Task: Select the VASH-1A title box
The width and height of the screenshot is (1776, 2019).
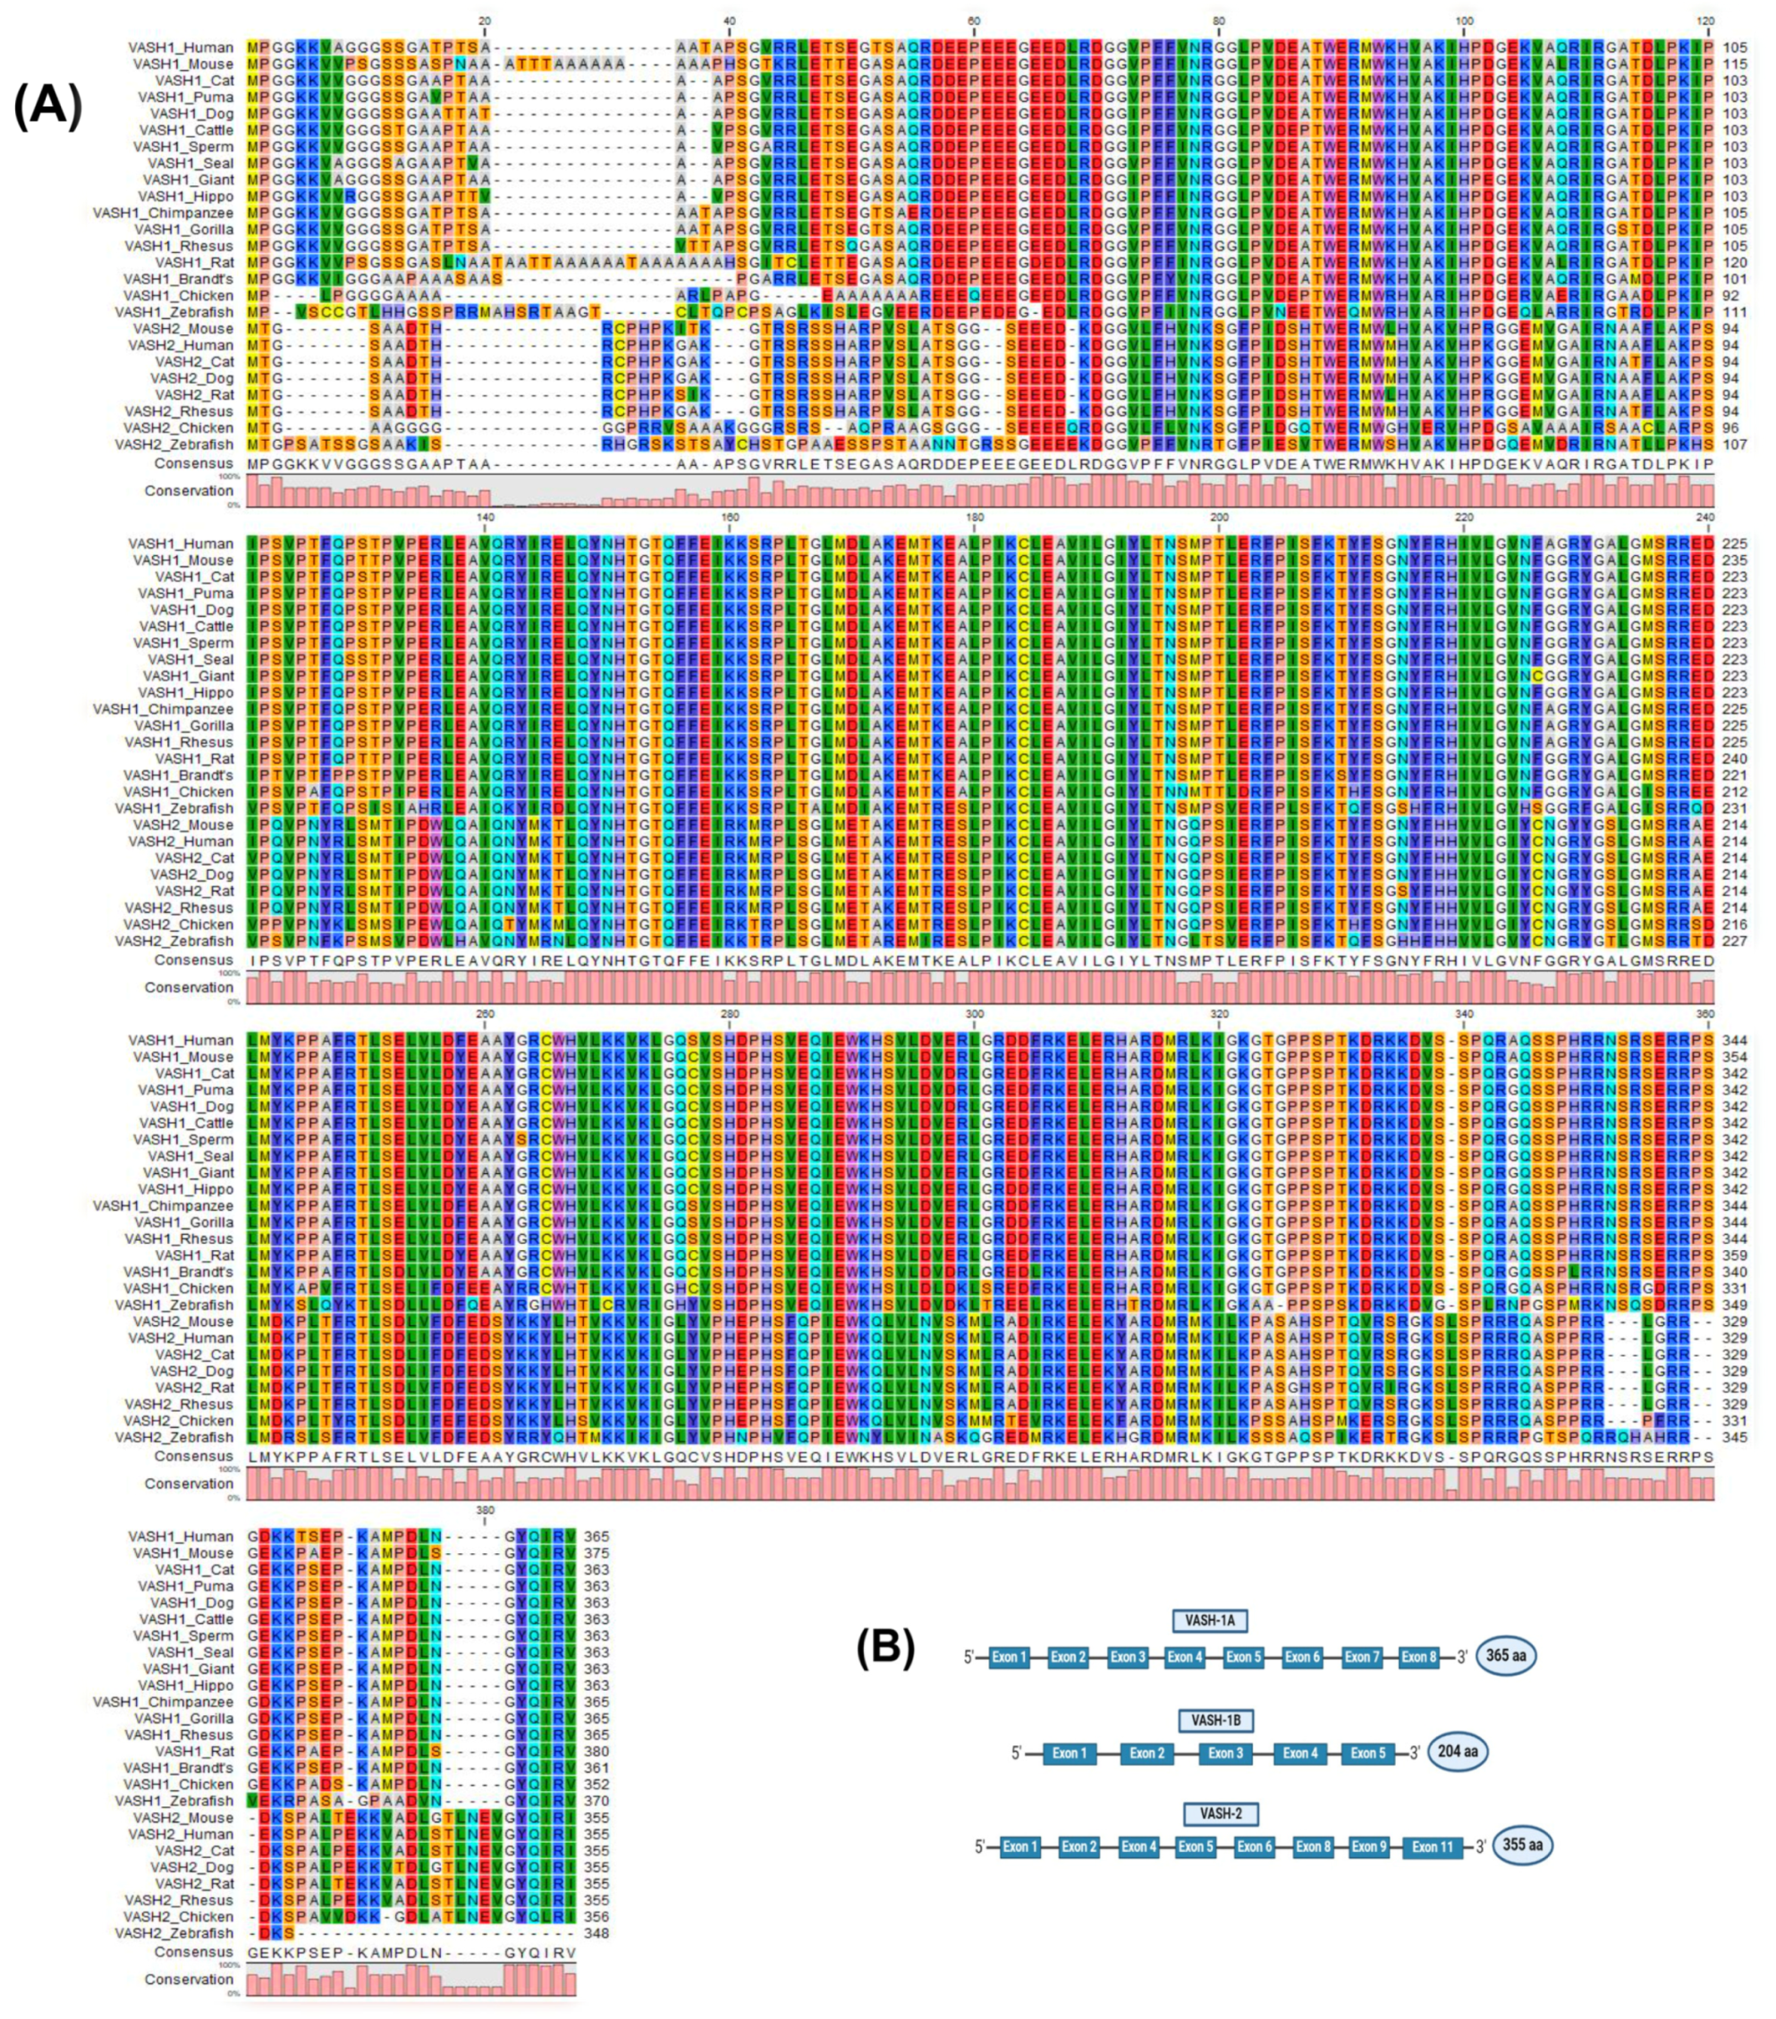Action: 1209,1620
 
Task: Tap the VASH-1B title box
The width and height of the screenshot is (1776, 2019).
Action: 1215,1719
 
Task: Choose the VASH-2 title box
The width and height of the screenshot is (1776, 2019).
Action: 1221,1813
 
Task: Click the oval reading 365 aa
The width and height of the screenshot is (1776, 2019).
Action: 1505,1654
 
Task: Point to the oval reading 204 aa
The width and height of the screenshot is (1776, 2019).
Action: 1457,1752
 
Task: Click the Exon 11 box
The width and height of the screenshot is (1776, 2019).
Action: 1432,1846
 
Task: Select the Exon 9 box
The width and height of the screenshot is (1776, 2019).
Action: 1369,1846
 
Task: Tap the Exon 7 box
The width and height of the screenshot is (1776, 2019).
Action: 1361,1657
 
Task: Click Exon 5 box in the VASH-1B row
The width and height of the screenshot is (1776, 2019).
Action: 1368,1753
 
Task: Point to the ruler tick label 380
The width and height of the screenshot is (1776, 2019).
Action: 485,1510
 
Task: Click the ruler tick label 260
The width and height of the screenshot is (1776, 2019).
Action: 485,1013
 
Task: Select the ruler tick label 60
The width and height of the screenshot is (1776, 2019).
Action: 974,21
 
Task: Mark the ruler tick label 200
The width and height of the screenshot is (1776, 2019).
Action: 1219,517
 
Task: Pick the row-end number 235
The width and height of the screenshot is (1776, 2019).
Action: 1734,560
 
